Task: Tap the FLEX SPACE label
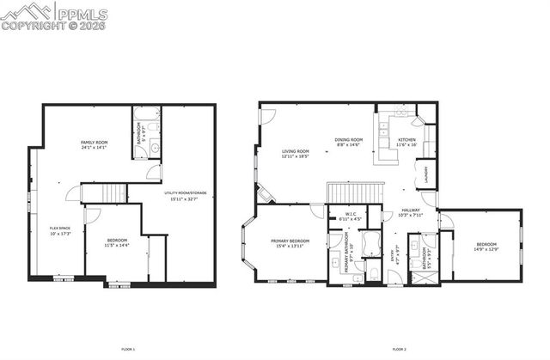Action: (x=60, y=228)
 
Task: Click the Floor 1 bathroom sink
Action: (x=154, y=149)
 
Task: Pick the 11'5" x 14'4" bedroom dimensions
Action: (x=117, y=246)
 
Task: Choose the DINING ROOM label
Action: (x=349, y=139)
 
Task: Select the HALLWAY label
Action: (x=411, y=211)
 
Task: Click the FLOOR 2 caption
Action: (x=399, y=349)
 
